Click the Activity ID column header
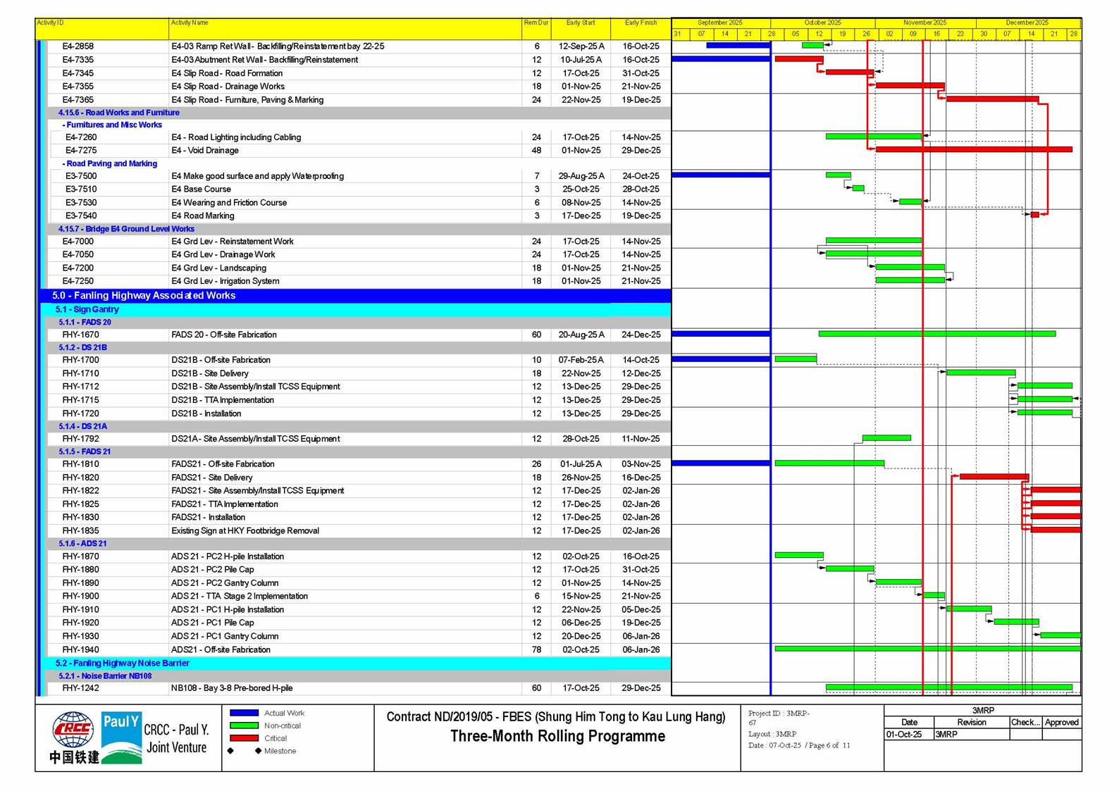tap(51, 23)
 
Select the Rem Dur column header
tap(536, 23)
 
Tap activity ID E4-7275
tap(81, 150)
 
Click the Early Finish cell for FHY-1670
tap(641, 335)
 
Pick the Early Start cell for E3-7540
tap(581, 216)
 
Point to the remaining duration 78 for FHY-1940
tap(536, 649)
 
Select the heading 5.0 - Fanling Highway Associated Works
tap(144, 295)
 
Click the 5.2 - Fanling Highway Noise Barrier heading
tap(123, 663)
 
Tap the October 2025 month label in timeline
tap(822, 23)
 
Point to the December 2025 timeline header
tap(1027, 23)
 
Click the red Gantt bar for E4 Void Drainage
tap(973, 149)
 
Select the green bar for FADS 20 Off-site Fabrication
tap(936, 334)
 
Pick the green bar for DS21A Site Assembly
tap(886, 438)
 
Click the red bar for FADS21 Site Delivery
tap(994, 477)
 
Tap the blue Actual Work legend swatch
tap(244, 713)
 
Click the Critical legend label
tap(276, 738)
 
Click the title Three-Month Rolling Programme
tap(557, 737)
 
